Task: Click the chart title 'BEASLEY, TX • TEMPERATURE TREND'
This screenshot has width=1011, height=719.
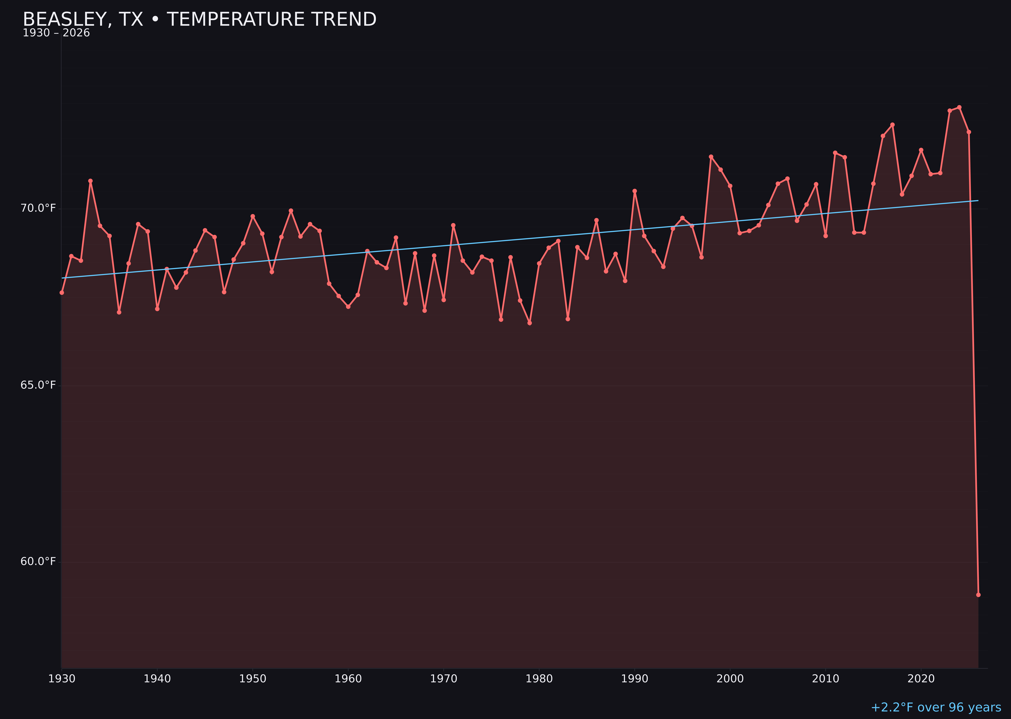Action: [199, 19]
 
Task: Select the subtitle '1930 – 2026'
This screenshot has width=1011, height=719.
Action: [56, 33]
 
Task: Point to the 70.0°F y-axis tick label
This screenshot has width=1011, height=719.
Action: [38, 208]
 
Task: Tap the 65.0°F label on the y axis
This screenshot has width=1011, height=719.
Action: [38, 385]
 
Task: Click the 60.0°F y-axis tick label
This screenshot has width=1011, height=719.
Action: [38, 561]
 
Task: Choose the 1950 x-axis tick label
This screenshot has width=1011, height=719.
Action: [253, 679]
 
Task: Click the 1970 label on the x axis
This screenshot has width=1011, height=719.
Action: [444, 679]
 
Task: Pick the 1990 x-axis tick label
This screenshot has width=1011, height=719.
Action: [634, 679]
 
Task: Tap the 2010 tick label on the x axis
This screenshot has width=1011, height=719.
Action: [825, 679]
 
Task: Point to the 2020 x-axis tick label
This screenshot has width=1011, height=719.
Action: [921, 679]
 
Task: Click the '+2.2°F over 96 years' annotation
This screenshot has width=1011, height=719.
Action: [936, 707]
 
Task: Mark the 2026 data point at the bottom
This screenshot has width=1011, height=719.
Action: [978, 595]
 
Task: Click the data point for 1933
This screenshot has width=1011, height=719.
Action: [90, 181]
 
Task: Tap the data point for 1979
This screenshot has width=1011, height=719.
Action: [530, 323]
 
